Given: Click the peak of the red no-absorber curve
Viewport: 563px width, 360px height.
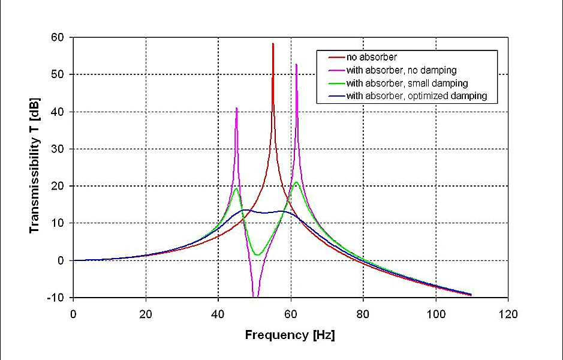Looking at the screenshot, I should [273, 44].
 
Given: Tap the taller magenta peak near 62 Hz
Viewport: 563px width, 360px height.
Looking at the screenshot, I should [296, 64].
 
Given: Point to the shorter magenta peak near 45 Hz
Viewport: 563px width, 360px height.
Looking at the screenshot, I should [237, 109].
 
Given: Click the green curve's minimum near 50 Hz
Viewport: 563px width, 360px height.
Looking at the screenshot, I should [257, 255].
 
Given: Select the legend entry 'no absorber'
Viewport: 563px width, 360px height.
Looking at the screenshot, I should [371, 58].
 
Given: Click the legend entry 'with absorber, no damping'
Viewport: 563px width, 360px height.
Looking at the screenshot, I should [401, 70].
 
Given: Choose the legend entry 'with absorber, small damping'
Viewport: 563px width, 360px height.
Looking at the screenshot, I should [407, 83].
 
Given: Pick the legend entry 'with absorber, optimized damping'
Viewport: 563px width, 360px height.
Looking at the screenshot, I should [416, 96].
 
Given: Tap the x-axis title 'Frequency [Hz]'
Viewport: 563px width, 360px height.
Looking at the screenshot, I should [290, 335].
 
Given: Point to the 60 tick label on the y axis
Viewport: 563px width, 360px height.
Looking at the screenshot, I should [58, 37].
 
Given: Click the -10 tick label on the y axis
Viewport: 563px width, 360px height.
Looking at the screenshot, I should [56, 298].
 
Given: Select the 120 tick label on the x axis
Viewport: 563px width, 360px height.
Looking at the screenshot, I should [508, 314].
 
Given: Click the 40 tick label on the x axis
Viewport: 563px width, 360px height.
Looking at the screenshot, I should [218, 314].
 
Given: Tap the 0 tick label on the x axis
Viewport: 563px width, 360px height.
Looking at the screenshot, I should [73, 314].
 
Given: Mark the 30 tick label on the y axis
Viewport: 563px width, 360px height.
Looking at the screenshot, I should [58, 149].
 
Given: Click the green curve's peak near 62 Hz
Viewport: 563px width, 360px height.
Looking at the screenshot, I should [296, 182].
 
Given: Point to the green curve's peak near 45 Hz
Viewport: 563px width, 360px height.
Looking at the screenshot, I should [236, 189].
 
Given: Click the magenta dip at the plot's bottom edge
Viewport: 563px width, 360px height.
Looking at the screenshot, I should [256, 296].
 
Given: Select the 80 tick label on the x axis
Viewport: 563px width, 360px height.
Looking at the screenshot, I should [363, 314].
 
